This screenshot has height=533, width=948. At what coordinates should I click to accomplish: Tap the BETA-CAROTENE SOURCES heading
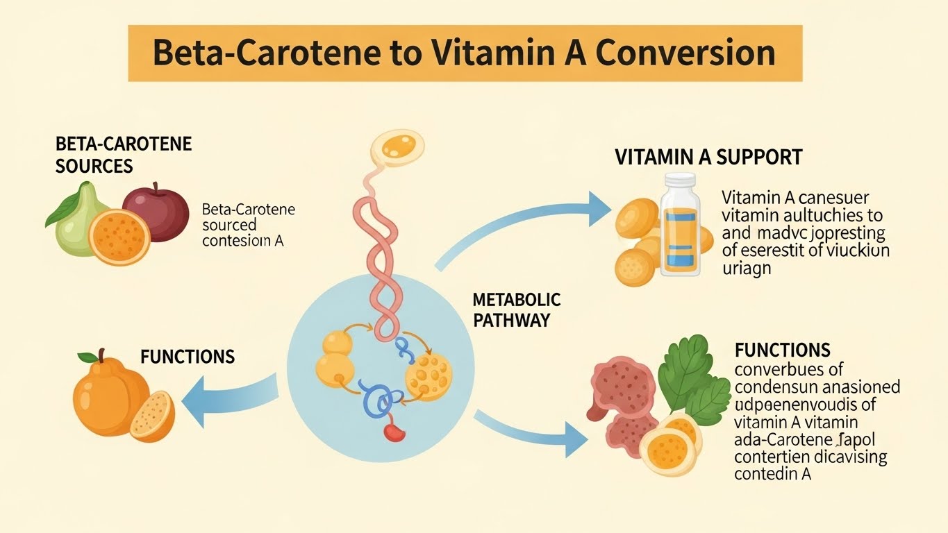(x=124, y=155)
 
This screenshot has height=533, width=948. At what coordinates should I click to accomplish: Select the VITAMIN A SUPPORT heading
(x=708, y=157)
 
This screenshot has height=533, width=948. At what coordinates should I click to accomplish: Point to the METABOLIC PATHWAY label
(x=516, y=310)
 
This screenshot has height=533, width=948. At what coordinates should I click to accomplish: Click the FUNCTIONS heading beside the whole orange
(x=188, y=357)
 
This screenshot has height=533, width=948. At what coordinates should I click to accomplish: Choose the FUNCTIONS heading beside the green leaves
(x=782, y=349)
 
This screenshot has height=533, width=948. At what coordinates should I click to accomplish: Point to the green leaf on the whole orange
(x=88, y=357)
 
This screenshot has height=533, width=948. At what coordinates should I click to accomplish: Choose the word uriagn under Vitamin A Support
(x=747, y=268)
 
